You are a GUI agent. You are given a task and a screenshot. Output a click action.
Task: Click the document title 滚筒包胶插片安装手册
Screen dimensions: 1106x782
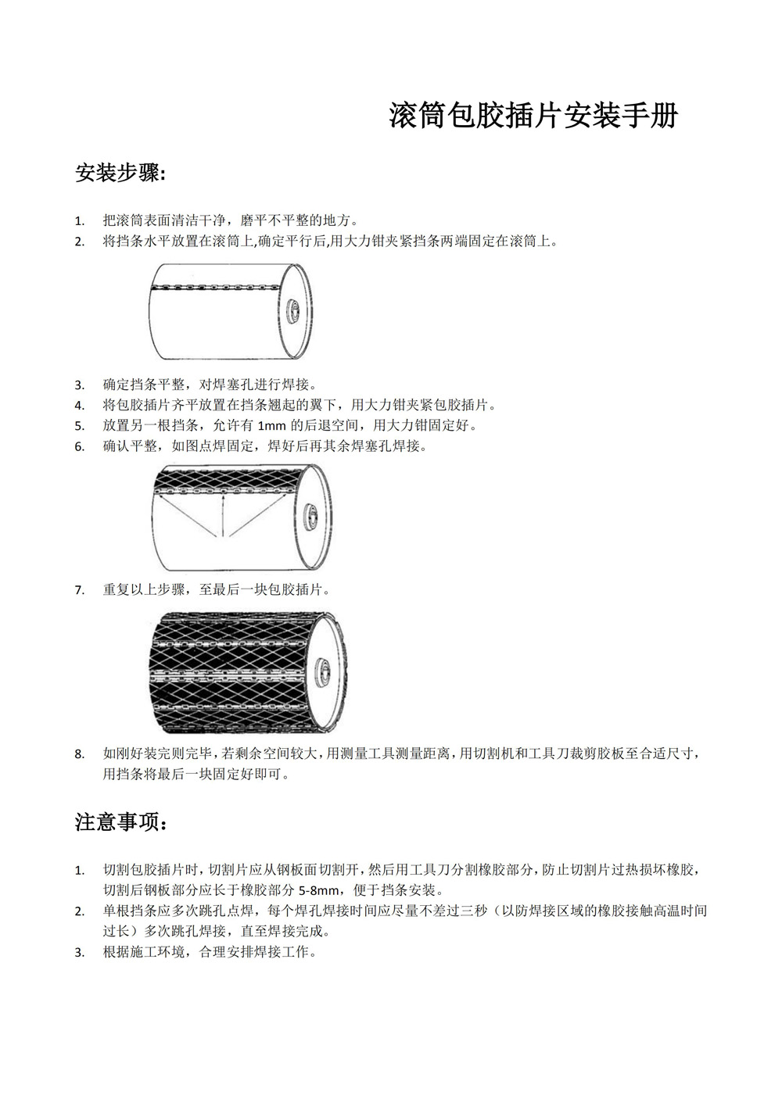coord(533,116)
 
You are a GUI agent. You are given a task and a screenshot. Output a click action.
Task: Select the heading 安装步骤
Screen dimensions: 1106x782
coord(120,173)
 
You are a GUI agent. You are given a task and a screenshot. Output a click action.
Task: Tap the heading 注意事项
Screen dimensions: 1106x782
coord(120,821)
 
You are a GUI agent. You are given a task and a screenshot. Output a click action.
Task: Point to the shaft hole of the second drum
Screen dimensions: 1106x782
coord(314,516)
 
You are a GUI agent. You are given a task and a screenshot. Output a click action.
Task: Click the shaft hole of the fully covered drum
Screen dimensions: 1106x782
coord(321,670)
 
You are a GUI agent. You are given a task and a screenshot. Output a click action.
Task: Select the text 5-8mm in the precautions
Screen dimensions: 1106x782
coord(319,890)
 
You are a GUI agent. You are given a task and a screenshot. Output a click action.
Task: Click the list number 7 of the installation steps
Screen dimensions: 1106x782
coord(79,590)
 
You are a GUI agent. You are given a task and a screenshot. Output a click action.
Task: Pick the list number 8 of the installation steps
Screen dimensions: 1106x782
coord(79,754)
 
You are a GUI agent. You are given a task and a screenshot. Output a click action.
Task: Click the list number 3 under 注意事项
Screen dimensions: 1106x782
coord(79,953)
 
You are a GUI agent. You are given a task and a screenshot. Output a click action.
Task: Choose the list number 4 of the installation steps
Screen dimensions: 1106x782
coord(79,406)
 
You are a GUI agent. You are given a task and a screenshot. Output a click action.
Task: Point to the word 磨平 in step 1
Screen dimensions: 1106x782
coord(253,220)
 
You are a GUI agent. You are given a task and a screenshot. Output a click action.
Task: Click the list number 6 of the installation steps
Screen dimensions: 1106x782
coord(79,447)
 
